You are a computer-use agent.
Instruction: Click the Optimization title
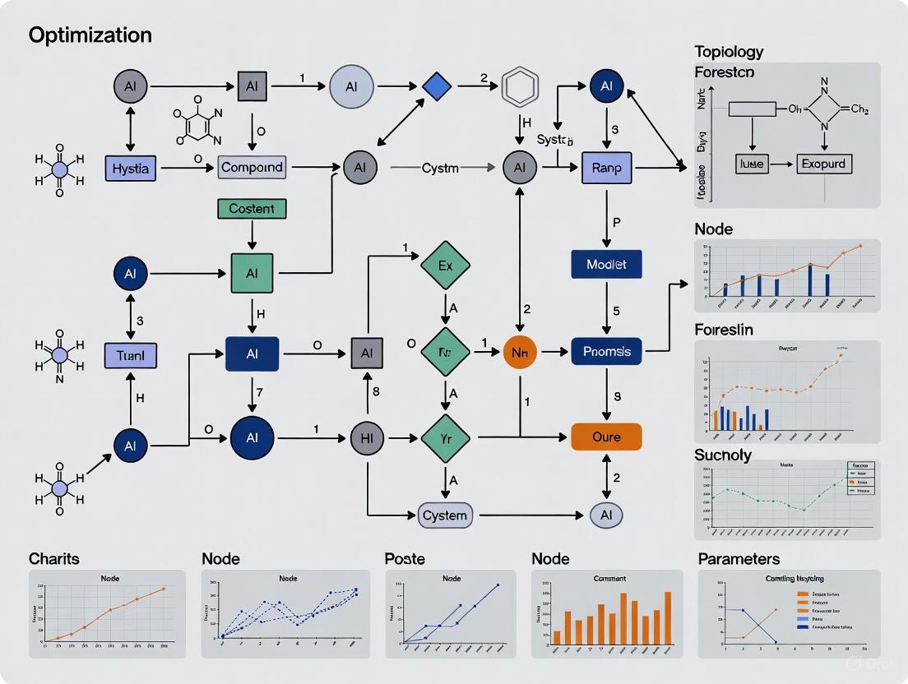point(90,35)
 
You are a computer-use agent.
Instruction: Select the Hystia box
point(130,168)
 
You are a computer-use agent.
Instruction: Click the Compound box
point(252,167)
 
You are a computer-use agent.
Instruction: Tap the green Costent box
point(252,209)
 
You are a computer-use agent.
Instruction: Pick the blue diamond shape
point(437,85)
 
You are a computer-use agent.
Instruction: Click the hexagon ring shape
point(520,85)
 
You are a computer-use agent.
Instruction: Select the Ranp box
point(606,168)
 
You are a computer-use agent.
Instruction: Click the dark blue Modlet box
point(606,264)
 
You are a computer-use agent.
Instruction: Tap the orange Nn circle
point(519,352)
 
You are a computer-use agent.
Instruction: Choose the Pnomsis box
point(606,352)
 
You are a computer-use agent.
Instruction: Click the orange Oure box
point(606,437)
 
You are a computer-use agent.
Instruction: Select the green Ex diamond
point(445,266)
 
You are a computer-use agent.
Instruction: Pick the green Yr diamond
point(445,439)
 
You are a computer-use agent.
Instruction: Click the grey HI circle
point(367,438)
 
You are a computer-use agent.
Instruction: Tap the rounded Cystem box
point(444,515)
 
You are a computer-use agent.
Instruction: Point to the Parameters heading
point(739,559)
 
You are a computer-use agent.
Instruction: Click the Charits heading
point(54,559)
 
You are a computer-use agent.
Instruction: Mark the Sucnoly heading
point(723,455)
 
